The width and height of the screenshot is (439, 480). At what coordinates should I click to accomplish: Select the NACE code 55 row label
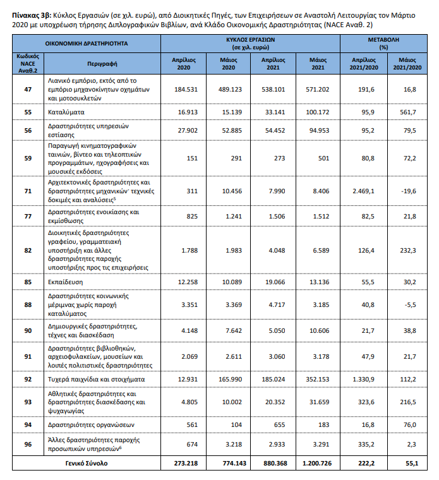pos(28,112)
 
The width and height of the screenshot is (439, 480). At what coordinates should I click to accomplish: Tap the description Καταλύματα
pos(66,112)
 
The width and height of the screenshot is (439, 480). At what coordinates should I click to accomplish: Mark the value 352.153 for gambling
pos(317,380)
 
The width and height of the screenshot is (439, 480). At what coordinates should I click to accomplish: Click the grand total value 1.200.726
pos(317,463)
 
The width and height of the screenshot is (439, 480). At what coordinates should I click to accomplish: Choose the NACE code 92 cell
pos(28,380)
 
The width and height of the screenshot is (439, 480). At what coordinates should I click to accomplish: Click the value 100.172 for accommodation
pos(317,112)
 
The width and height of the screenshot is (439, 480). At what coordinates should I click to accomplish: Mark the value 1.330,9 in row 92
pos(364,380)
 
